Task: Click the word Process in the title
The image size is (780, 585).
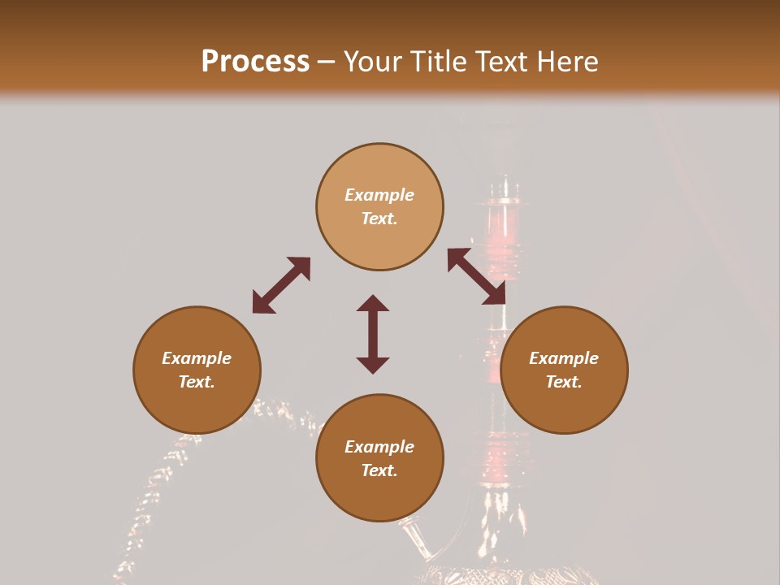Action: [x=255, y=62]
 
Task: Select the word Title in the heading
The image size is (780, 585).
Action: [x=440, y=62]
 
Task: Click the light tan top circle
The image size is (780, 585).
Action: [x=379, y=206]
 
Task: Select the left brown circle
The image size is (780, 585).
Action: [x=197, y=370]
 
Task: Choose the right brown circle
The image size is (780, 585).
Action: [x=564, y=370]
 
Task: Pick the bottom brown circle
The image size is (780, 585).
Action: [x=379, y=457]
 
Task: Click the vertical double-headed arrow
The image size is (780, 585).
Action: [x=373, y=334]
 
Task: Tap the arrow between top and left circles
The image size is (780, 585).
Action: [x=281, y=284]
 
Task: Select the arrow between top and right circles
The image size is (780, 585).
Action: [x=476, y=276]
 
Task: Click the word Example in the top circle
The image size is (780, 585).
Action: [x=379, y=195]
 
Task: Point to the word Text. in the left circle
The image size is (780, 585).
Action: [x=197, y=382]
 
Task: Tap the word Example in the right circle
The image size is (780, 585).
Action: [x=564, y=358]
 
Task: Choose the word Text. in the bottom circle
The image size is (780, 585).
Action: [x=379, y=470]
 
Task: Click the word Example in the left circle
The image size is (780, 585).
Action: [x=197, y=358]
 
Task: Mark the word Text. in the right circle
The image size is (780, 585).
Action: [x=564, y=382]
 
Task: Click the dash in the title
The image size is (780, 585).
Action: [x=326, y=63]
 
